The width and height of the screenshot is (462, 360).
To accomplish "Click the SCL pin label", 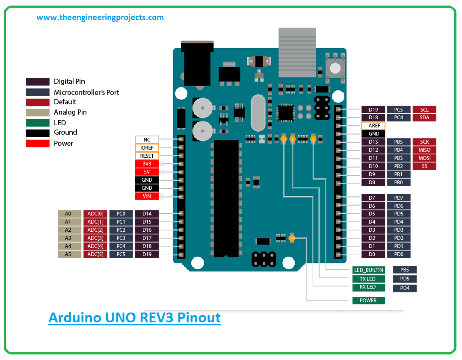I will coord(424,109).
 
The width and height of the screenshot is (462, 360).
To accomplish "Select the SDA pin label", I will coord(424,118).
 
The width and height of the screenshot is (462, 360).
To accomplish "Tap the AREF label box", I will coord(373,126).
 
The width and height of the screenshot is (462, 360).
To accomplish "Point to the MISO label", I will coord(424,150).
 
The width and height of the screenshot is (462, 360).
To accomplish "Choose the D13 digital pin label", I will coord(373,142).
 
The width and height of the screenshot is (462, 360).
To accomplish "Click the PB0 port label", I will coord(399,183).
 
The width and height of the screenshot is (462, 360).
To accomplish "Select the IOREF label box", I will coord(147,148).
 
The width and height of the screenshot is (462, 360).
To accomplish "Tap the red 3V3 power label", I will coord(147,164).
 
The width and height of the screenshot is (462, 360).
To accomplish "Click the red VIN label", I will coord(147,196).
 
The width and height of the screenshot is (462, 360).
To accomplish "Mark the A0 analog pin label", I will coord(69,214).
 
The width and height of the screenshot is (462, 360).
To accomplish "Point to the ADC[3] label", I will coord(95,238).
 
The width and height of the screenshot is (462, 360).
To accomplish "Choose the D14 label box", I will coord(147,214).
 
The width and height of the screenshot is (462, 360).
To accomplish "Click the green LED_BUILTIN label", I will coord(368,270).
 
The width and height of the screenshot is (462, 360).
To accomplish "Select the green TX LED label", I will coord(368,279).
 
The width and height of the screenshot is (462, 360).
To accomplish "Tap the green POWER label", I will coord(368,301).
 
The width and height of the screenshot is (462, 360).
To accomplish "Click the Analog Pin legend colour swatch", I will coord(38,112).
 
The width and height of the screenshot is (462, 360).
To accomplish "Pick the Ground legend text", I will coord(65,133).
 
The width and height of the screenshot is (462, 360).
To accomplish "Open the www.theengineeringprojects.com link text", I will coord(100,18).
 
